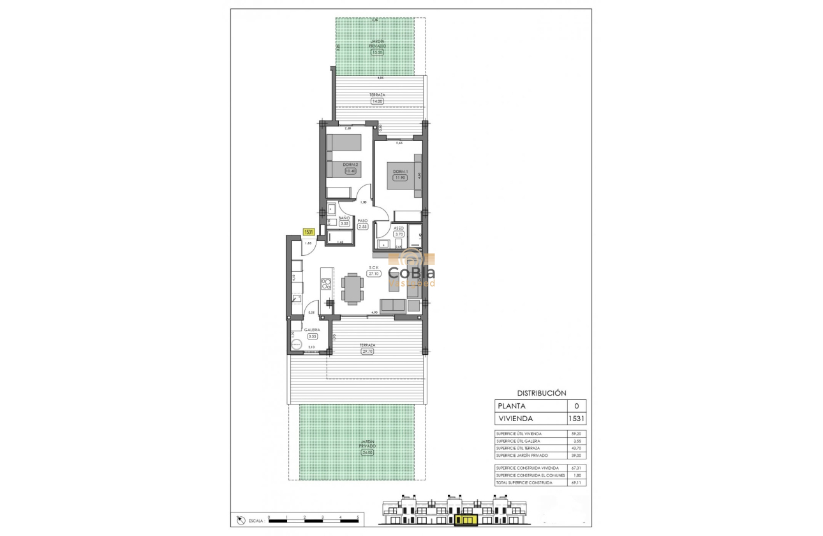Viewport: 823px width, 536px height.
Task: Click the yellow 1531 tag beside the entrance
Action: point(309,233)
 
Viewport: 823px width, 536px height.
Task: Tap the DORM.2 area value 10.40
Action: point(350,171)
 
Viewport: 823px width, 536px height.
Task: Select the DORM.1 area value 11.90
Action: point(399,177)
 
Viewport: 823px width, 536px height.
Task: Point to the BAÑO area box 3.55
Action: point(345,223)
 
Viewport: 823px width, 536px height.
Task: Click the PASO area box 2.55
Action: point(363,227)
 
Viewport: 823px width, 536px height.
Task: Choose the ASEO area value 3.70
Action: point(399,234)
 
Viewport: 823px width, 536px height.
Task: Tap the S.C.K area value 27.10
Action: point(374,273)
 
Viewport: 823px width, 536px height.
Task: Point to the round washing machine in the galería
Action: point(295,344)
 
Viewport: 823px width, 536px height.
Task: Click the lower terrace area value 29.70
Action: point(367,351)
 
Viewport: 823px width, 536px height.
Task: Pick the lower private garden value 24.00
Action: point(367,452)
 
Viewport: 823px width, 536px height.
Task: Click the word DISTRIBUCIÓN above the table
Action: point(541,394)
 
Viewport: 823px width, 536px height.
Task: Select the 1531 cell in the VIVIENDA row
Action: point(577,419)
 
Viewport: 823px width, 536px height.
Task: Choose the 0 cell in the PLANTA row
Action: point(577,406)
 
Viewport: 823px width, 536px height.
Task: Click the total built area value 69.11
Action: point(577,482)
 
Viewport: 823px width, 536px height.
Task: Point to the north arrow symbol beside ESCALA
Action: point(241,520)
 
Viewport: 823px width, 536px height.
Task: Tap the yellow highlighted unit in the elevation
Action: point(468,521)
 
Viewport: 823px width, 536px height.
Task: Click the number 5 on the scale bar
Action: point(358,517)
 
